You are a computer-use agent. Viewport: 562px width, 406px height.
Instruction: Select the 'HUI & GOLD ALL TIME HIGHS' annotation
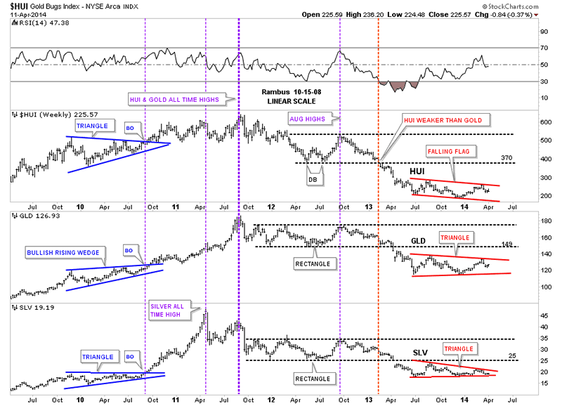click(174, 100)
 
